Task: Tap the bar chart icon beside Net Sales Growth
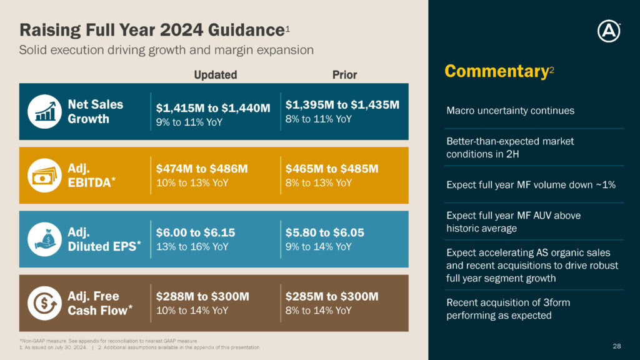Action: click(x=44, y=111)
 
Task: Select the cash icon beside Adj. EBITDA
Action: click(x=44, y=176)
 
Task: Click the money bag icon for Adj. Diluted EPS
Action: click(x=44, y=239)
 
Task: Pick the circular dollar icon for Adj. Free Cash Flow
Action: click(x=44, y=303)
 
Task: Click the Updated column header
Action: click(x=215, y=75)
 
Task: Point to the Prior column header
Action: click(x=344, y=75)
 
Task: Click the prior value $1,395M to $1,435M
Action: click(x=342, y=105)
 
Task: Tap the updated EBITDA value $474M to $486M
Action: click(x=202, y=169)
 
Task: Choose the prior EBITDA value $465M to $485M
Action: click(x=332, y=169)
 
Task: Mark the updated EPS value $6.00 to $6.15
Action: click(x=196, y=232)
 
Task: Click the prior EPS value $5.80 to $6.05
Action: click(x=325, y=232)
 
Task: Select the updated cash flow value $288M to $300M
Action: click(x=202, y=296)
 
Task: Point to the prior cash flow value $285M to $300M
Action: click(x=332, y=296)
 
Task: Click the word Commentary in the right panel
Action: click(x=496, y=71)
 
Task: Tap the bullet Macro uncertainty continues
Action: click(x=510, y=111)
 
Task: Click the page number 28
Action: click(x=617, y=346)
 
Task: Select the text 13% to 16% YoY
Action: click(x=192, y=246)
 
